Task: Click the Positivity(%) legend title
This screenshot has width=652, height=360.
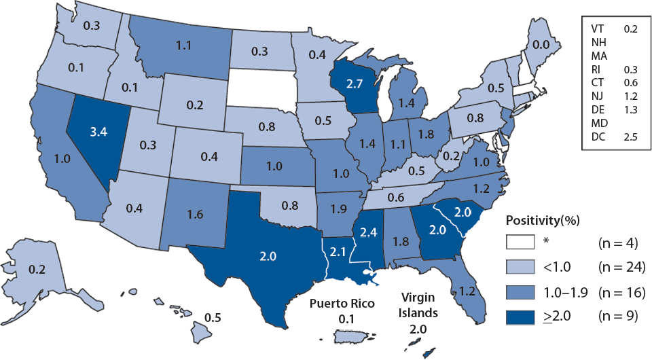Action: click(544, 221)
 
